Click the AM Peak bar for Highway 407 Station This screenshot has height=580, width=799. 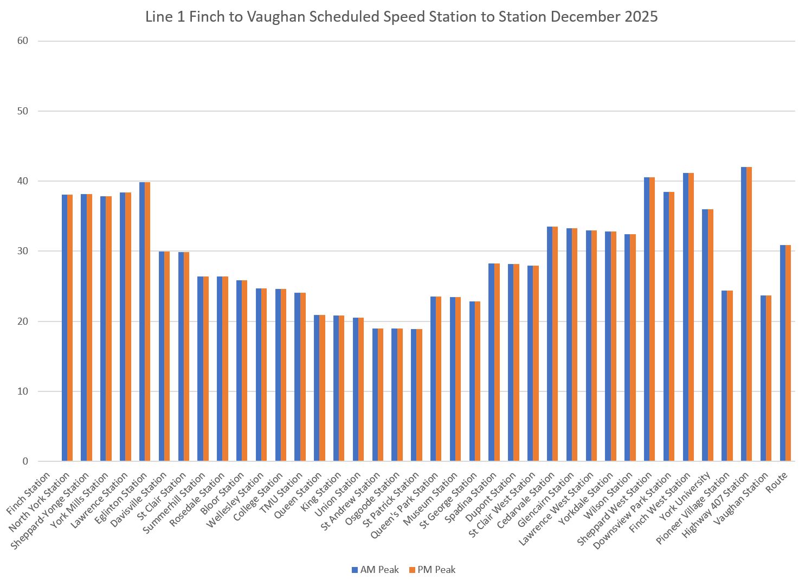pyautogui.click(x=744, y=314)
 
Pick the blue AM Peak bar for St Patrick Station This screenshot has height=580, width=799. pyautogui.click(x=414, y=395)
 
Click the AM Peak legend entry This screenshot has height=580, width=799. pyautogui.click(x=375, y=570)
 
